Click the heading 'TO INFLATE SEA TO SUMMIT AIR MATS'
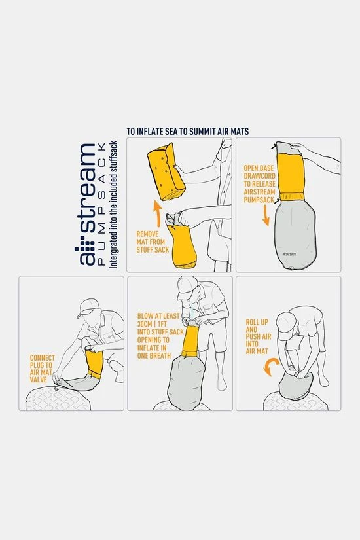[187, 131]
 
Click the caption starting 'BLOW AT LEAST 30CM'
[154, 334]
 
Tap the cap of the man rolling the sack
[285, 320]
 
